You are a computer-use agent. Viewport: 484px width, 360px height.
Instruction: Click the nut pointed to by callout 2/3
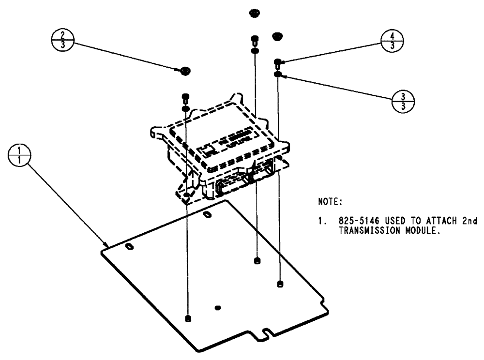(184, 71)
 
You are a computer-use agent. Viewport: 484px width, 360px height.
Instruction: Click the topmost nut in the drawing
(253, 12)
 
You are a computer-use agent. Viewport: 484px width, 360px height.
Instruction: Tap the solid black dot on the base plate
(218, 307)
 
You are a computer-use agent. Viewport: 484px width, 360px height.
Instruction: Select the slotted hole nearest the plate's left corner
(129, 247)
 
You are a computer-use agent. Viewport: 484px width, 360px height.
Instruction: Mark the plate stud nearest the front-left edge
(187, 318)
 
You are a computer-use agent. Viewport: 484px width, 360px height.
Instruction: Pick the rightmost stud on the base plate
(280, 284)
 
